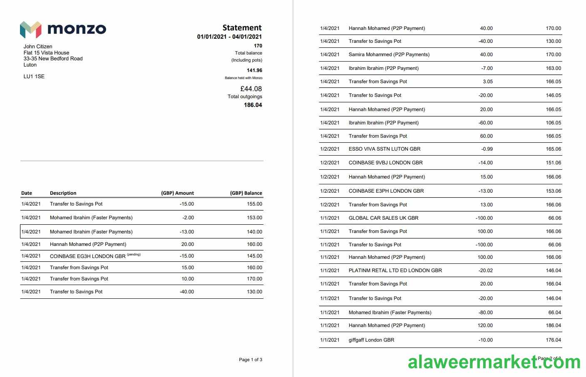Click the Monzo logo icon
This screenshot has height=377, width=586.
pos(31,29)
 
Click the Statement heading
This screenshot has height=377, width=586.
pos(242,28)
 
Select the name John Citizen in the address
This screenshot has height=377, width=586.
pos(38,47)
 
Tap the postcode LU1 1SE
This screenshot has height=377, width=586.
pos(34,77)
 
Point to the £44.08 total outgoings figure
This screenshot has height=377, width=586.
pos(251,89)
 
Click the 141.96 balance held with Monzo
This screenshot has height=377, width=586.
pos(254,70)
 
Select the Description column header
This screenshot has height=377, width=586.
pos(63,193)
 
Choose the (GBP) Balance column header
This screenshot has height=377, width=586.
pos(246,193)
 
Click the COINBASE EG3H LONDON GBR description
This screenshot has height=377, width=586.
pos(87,256)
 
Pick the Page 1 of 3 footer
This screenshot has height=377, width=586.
pos(250,360)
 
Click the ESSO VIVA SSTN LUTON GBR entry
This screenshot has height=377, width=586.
pos(385,149)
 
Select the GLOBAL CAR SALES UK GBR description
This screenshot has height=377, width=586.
pos(383,218)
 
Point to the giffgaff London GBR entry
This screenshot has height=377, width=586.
pos(371,340)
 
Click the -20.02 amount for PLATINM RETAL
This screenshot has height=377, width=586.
pos(485,270)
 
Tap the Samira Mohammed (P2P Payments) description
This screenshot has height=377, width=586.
pos(389,55)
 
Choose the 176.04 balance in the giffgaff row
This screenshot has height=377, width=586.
pos(554,340)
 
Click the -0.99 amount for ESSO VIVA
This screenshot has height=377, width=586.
pos(487,149)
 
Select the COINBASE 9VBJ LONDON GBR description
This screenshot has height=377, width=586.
pos(385,163)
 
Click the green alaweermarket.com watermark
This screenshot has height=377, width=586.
pos(494,362)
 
